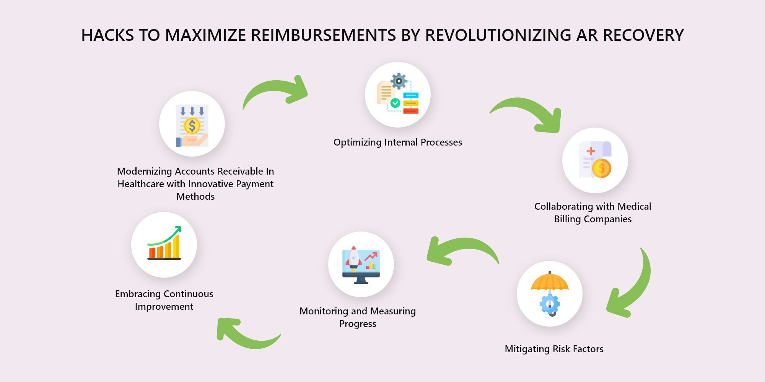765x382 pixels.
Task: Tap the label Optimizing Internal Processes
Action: pyautogui.click(x=398, y=142)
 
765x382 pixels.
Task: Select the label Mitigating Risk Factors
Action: pyautogui.click(x=554, y=349)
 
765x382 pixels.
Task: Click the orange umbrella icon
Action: pyautogui.click(x=550, y=283)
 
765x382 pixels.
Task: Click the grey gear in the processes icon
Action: pyautogui.click(x=399, y=81)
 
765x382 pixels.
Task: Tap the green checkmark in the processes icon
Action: pyautogui.click(x=395, y=103)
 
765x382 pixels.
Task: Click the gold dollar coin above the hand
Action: pyautogui.click(x=192, y=126)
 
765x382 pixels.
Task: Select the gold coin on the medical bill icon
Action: pyautogui.click(x=602, y=168)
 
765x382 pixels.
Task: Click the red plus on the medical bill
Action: pyautogui.click(x=591, y=151)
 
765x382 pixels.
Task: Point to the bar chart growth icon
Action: pyautogui.click(x=164, y=243)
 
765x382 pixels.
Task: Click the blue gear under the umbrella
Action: pyautogui.click(x=550, y=304)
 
